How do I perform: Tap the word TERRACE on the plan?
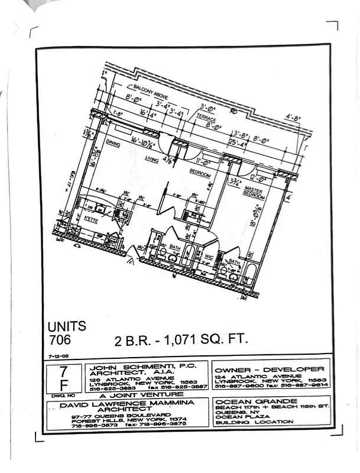click(207, 118)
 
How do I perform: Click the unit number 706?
click(60, 339)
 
